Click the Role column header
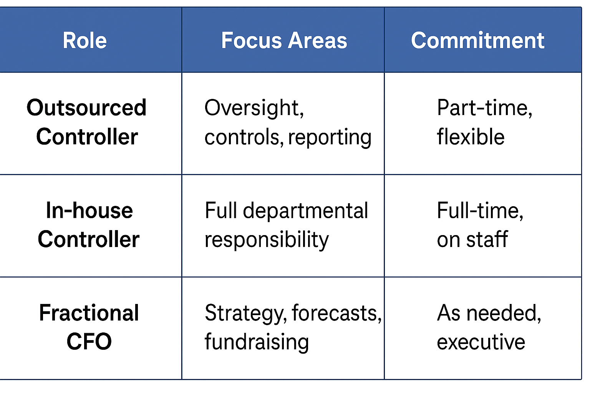[85, 40]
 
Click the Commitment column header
[477, 40]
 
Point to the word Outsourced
[86, 108]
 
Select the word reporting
[330, 138]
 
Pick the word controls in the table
[244, 137]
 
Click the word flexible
[471, 137]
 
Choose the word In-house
[89, 210]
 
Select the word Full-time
[480, 211]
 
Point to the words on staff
[472, 239]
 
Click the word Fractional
[89, 313]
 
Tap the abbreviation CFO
[89, 342]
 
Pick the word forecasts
[337, 314]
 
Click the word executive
[481, 342]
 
